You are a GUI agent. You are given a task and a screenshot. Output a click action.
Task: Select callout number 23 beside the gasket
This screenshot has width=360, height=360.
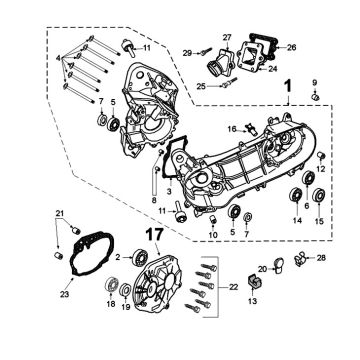(x=65, y=294)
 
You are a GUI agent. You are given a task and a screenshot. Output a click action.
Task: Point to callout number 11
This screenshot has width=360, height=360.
(x=146, y=47)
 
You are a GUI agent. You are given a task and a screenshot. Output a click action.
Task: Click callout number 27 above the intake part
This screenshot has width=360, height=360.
(x=226, y=37)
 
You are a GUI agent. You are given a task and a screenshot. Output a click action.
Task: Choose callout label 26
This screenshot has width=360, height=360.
(x=291, y=47)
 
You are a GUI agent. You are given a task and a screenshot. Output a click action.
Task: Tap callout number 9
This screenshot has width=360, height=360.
(x=316, y=81)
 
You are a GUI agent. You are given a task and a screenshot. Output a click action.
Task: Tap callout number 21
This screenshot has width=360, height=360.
(x=59, y=214)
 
